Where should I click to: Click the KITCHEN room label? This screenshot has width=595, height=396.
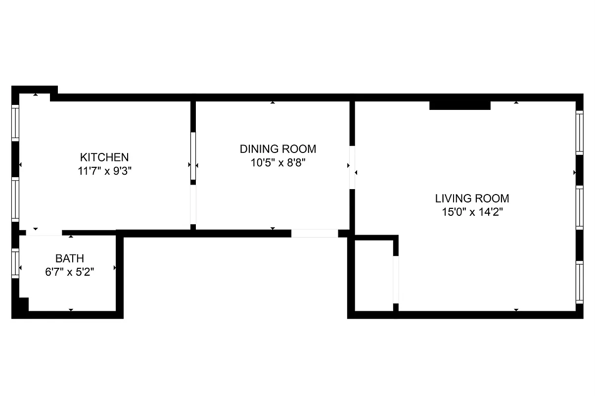coord(104,157)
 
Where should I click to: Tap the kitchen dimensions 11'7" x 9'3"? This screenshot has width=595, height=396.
coord(104,171)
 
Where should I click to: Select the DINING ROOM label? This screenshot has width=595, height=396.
coord(277,149)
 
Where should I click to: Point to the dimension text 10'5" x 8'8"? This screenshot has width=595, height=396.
coord(277,162)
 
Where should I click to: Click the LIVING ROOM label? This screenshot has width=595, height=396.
coord(472,199)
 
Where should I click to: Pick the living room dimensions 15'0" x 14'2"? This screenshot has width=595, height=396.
coord(472,212)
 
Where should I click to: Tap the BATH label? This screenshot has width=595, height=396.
coord(69,258)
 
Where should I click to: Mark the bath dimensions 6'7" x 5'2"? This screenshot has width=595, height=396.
coord(69,272)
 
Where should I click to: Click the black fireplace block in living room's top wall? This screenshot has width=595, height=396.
coord(459,105)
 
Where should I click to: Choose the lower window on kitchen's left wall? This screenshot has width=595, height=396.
coord(15,199)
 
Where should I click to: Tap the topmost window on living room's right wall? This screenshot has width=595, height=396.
coord(579,132)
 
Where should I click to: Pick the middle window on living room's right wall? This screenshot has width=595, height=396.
coord(579,207)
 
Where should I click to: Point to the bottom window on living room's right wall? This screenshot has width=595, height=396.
coord(579,282)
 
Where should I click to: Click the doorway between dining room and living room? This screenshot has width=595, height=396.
coord(352,167)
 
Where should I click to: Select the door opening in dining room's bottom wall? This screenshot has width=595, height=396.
coord(314,233)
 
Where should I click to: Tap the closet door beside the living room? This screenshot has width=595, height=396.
coord(396,280)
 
